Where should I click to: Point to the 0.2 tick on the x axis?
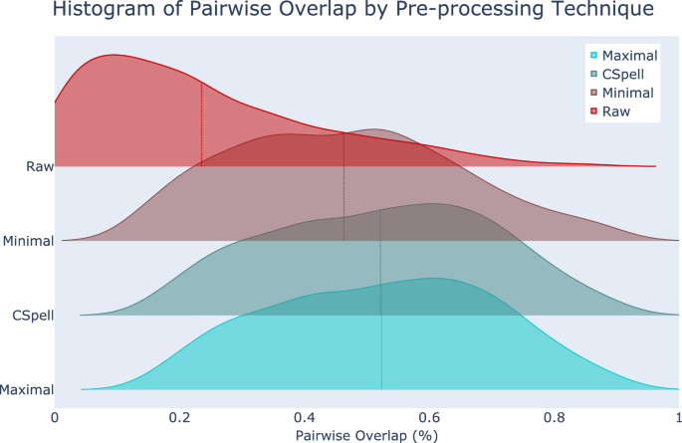click(179, 416)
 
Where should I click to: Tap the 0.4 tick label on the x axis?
click(305, 416)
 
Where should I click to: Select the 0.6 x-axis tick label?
click(429, 416)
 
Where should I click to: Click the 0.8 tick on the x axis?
click(554, 416)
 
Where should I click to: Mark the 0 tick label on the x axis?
click(55, 416)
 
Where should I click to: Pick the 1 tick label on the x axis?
click(678, 416)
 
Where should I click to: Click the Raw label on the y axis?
click(40, 166)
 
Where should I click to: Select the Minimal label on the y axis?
click(28, 241)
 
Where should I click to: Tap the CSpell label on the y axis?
click(32, 316)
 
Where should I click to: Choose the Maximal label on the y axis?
click(28, 390)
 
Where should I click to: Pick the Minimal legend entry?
click(628, 94)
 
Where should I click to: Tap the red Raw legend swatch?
click(594, 112)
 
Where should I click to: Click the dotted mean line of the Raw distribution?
click(202, 124)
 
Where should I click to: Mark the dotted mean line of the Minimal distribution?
click(344, 189)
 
